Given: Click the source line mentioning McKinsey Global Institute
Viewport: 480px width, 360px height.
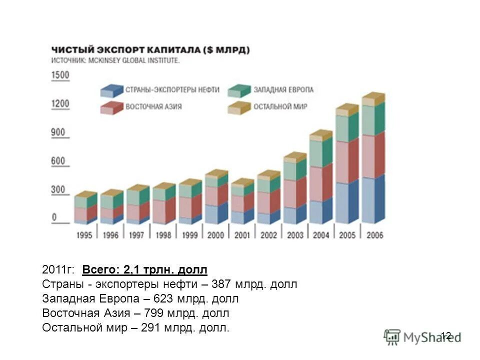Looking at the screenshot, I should coord(116,60).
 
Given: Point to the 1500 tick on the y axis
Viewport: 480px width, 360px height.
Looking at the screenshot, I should coord(60,75).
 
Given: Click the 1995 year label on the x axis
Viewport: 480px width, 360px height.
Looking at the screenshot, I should coord(84,235).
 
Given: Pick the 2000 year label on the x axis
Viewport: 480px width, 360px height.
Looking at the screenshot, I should coord(215,235).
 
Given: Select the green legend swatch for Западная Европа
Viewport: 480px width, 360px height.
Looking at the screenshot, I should coord(239,90).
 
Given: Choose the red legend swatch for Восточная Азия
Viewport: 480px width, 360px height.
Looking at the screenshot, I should coord(111,107).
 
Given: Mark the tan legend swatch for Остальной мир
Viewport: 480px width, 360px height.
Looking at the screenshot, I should coord(239,107).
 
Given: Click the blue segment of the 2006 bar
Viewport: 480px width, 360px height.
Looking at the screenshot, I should coord(372,200).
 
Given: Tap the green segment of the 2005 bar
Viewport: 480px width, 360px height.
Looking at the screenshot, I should coord(346,128).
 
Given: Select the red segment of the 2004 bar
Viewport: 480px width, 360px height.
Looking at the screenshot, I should coord(320,183).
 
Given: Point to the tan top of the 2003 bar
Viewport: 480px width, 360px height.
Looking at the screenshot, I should coord(294,157).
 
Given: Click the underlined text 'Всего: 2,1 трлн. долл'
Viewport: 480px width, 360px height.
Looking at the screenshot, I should coord(144,270).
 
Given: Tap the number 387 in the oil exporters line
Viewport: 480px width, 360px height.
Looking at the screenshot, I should coord(220,284).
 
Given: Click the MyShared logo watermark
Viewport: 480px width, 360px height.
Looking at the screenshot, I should coord(422,336).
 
